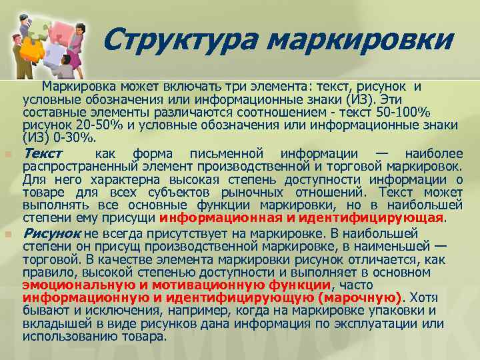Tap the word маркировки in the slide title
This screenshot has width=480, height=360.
tap(359, 40)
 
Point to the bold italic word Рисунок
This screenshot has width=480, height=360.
tap(52, 233)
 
